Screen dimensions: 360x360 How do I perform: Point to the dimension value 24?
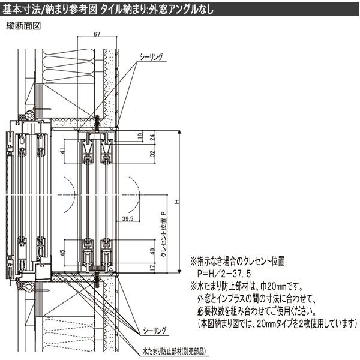coord(152,137)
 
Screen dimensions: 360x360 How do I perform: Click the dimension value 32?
coord(152,154)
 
